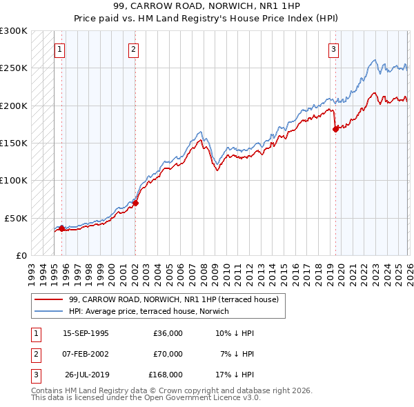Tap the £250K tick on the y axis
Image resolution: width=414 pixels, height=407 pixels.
[14, 68]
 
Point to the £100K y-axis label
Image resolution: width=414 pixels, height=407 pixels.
[14, 180]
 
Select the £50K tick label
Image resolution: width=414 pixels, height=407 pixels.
[17, 217]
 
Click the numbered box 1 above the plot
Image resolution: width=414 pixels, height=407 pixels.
[60, 49]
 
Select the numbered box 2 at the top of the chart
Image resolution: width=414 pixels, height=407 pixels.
[133, 49]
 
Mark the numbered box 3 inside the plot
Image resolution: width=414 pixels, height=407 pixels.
[333, 49]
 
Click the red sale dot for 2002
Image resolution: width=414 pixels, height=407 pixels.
[135, 203]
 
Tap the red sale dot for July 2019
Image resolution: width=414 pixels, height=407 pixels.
[335, 128]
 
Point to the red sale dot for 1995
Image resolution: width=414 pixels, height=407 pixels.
[61, 228]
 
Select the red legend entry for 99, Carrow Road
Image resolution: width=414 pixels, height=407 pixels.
[172, 299]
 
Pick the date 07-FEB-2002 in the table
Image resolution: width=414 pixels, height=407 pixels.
[86, 354]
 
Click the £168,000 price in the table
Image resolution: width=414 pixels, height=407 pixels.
[165, 375]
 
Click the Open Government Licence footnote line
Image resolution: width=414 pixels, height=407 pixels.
[146, 398]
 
